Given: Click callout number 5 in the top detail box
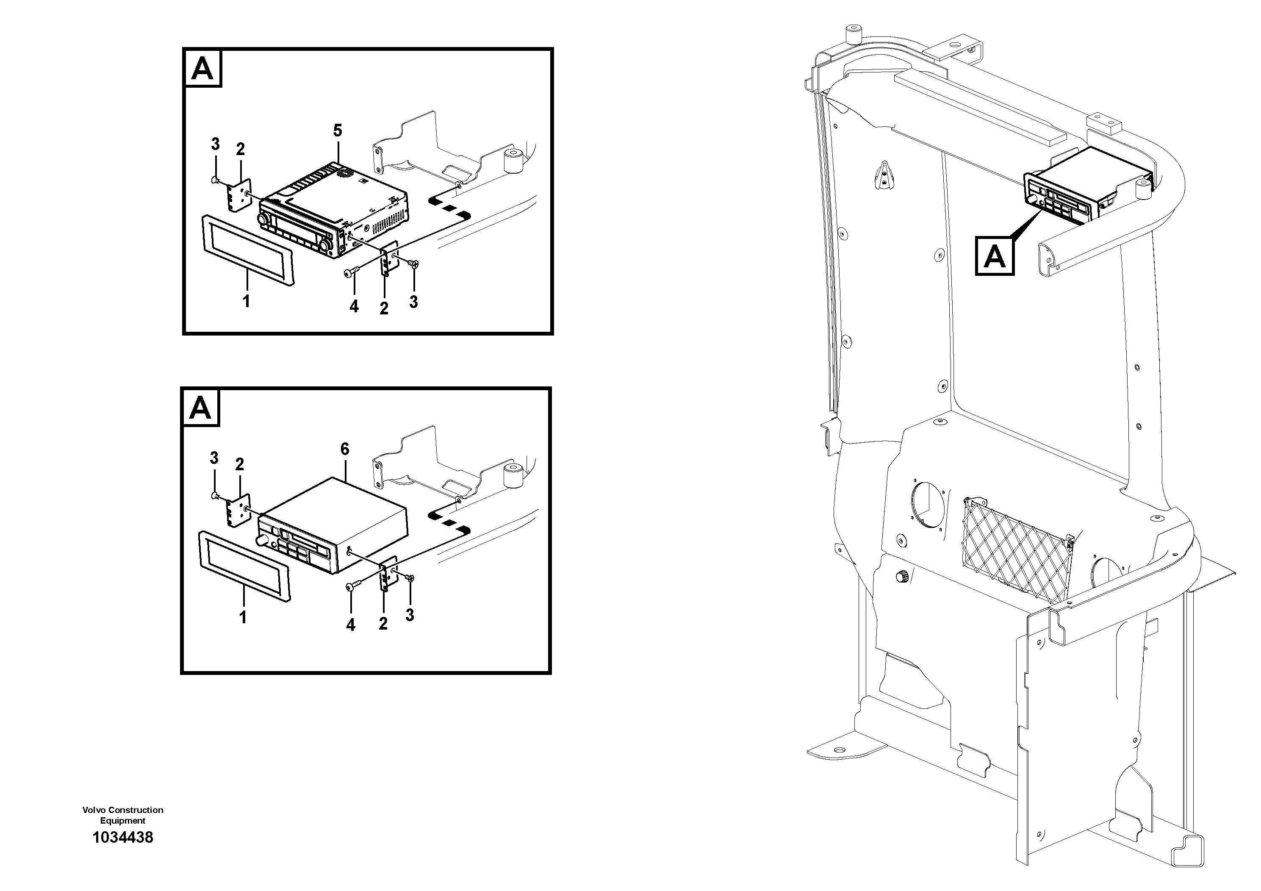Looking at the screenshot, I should click(337, 131).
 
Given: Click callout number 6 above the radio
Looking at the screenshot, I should click(344, 450).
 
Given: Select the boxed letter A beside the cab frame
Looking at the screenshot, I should click(994, 256).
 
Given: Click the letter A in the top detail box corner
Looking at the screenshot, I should click(202, 69).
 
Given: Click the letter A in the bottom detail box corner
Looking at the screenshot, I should click(200, 408).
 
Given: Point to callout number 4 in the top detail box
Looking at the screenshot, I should click(354, 306).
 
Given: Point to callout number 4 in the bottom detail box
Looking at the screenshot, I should click(350, 625).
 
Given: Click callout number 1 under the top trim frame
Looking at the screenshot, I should click(246, 301).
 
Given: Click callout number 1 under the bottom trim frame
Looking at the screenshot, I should click(243, 617).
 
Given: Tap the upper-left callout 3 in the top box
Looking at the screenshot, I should click(215, 144).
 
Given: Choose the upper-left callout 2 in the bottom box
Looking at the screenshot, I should click(239, 465).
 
